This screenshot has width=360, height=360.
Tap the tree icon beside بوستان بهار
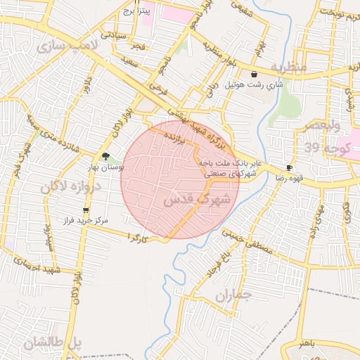click(105, 156)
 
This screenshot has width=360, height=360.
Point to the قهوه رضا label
click(289, 179)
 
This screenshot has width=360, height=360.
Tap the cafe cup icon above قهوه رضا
click(289, 167)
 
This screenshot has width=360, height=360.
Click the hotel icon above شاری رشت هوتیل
click(253, 74)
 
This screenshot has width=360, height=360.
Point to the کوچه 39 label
click(324, 147)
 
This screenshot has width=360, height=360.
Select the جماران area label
click(233, 296)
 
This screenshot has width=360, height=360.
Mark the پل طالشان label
click(53, 343)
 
